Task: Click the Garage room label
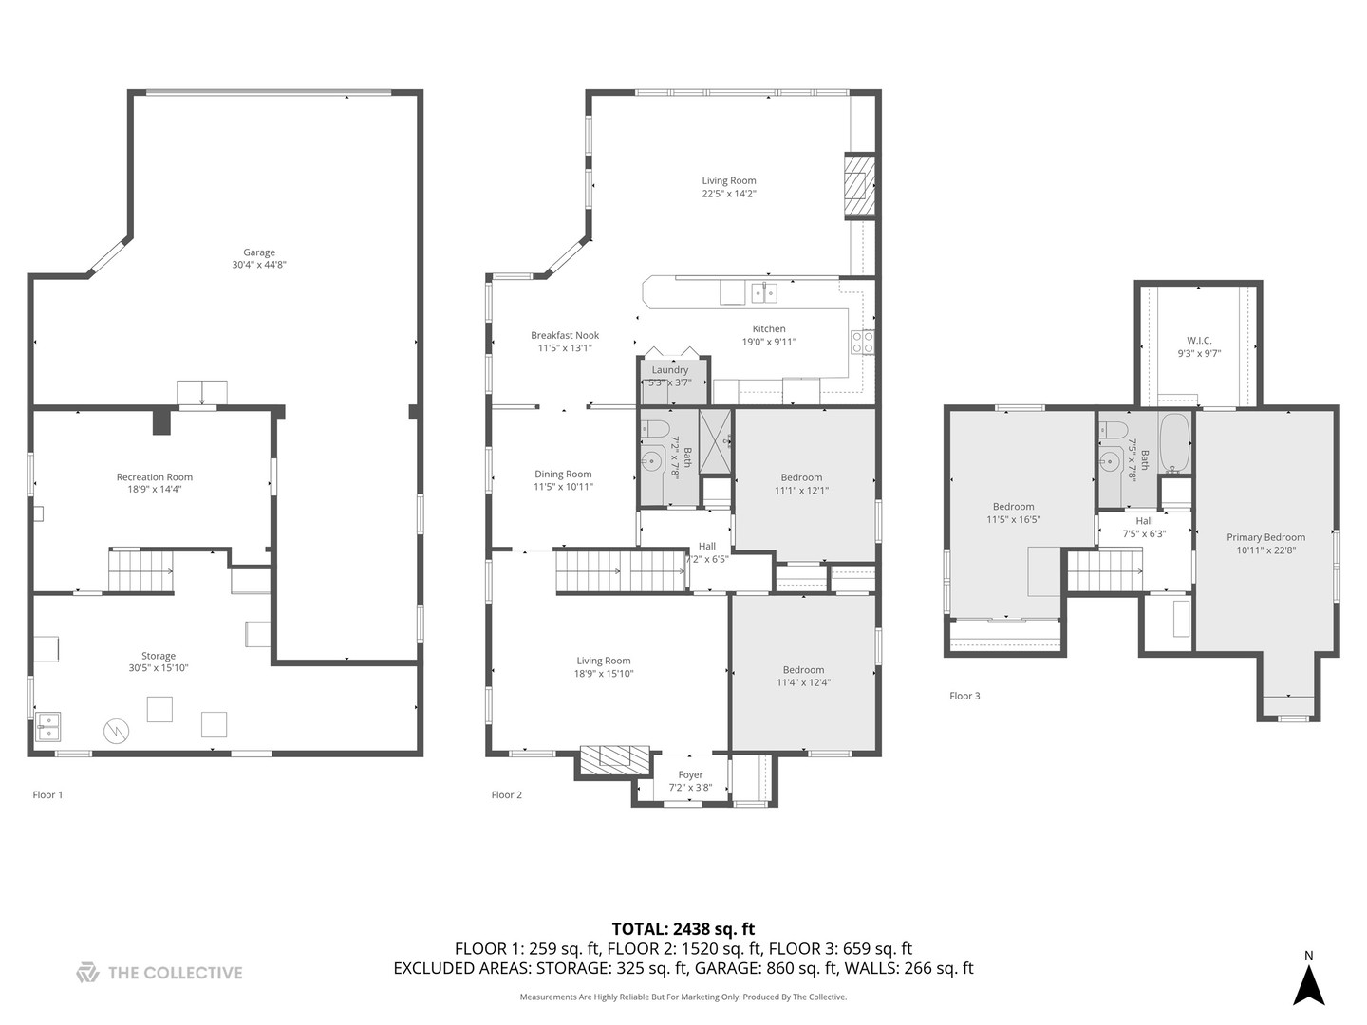coord(258,252)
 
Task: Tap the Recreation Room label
coord(155,477)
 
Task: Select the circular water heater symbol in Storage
coord(116,731)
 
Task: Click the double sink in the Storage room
coord(47,726)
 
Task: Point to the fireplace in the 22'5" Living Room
coord(858,186)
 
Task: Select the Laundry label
coord(670,370)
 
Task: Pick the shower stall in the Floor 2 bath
coord(716,440)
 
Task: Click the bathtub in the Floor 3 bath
coord(1174,444)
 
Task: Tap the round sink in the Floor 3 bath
coord(1110,463)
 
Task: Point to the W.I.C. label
coord(1199,341)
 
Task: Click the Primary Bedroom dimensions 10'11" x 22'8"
coord(1265,550)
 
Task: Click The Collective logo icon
coord(87,972)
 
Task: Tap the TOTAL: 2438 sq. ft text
coord(683,929)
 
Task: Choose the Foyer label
coord(690,774)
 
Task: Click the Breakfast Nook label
coord(565,335)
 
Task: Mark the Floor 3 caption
coord(964,696)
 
